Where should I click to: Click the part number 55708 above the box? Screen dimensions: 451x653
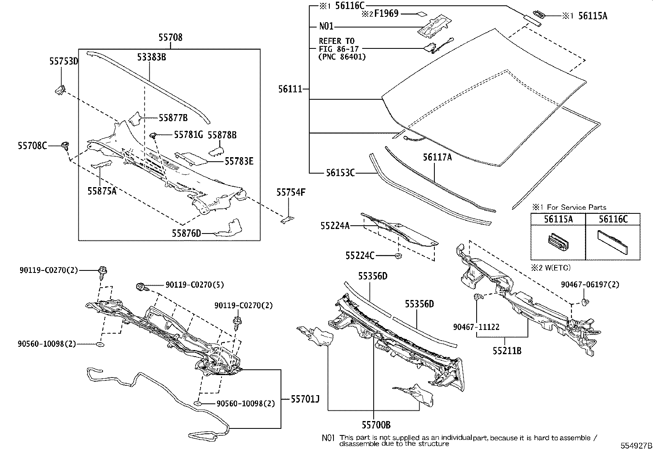tap(171, 38)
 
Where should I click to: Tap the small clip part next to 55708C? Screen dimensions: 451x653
tap(65, 145)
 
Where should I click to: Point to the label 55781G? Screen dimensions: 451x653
tap(188, 135)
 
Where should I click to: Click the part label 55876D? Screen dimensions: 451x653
tap(186, 234)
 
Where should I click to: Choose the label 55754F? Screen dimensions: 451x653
tap(291, 192)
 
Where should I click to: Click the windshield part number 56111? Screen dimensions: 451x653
tap(290, 89)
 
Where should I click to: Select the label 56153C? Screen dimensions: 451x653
tap(340, 173)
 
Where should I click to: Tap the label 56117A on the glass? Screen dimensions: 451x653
tap(437, 157)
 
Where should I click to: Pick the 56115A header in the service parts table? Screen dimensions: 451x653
tap(558, 219)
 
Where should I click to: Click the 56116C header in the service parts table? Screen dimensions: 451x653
tap(613, 219)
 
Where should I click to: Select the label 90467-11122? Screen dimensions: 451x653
tap(476, 327)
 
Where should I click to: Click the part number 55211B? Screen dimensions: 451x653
tap(507, 351)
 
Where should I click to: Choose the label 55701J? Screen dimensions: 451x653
tap(305, 398)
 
